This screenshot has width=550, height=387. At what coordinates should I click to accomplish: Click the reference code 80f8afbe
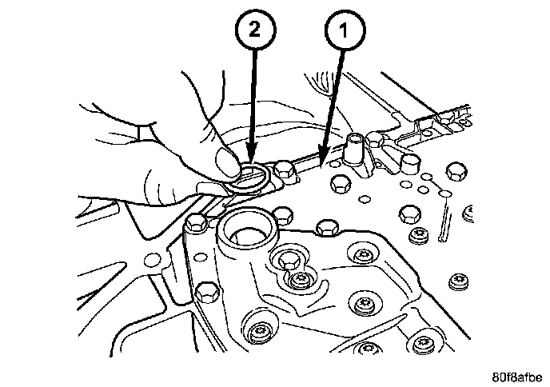(x=516, y=373)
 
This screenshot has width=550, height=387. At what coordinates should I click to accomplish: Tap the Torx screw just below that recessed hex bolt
(x=302, y=281)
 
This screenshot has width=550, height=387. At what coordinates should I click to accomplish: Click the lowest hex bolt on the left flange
(x=205, y=291)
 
